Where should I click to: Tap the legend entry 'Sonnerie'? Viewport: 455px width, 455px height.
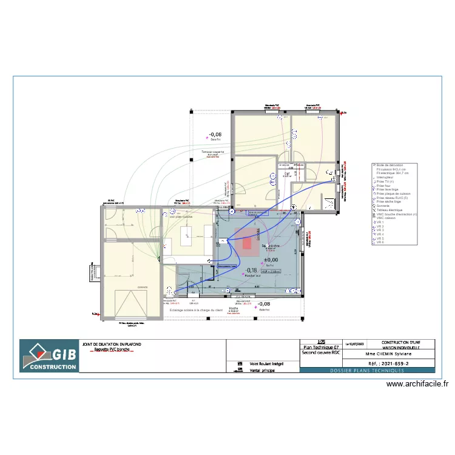click(383, 205)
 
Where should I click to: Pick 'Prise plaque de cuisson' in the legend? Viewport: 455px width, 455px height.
click(394, 194)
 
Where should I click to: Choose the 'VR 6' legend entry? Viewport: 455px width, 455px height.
click(380, 243)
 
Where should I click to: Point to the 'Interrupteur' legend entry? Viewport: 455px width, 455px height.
click(386, 177)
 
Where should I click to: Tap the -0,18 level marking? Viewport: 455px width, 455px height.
click(251, 271)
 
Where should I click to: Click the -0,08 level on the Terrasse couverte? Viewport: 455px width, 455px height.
click(215, 135)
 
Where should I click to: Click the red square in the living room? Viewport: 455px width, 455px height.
click(247, 243)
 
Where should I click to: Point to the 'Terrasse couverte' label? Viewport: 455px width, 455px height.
click(213, 152)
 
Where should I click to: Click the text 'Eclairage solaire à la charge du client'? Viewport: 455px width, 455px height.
click(196, 310)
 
